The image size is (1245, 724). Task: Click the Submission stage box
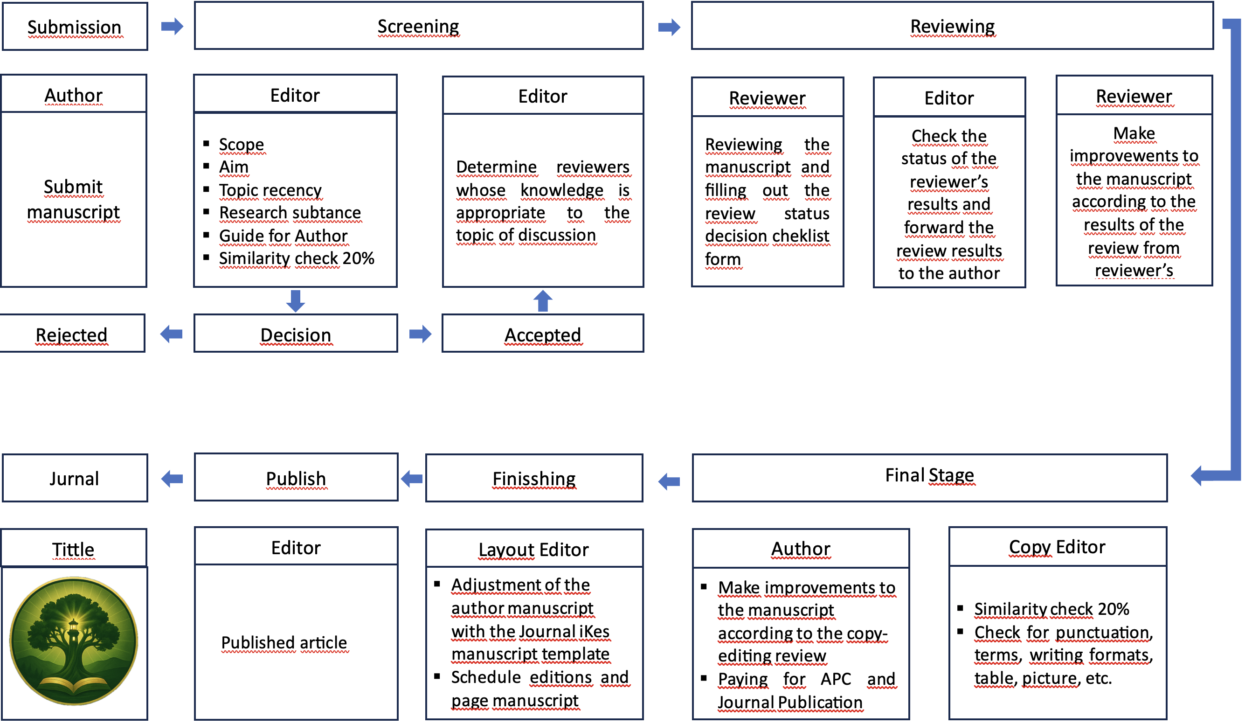[75, 27]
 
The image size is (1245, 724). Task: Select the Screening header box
[418, 26]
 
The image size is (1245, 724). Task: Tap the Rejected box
[72, 334]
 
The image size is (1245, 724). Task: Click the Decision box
[296, 334]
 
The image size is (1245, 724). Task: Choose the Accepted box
[542, 334]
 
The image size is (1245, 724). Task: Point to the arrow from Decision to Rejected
[172, 334]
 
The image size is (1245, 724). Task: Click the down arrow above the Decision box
[296, 301]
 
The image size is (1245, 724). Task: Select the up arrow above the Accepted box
[542, 301]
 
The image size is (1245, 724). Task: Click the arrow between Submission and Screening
[172, 26]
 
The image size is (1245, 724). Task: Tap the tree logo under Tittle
[74, 641]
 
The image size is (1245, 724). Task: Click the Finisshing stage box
[534, 478]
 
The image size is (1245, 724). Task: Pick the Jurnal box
[75, 478]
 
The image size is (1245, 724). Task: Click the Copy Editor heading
[1057, 547]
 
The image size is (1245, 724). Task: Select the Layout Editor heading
[533, 550]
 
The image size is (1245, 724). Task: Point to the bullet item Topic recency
[270, 190]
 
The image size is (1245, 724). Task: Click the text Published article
[284, 642]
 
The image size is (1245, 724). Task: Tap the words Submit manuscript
[74, 200]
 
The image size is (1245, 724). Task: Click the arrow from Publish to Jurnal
[172, 478]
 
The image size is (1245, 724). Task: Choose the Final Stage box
[929, 476]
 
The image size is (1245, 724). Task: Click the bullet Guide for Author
[283, 236]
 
